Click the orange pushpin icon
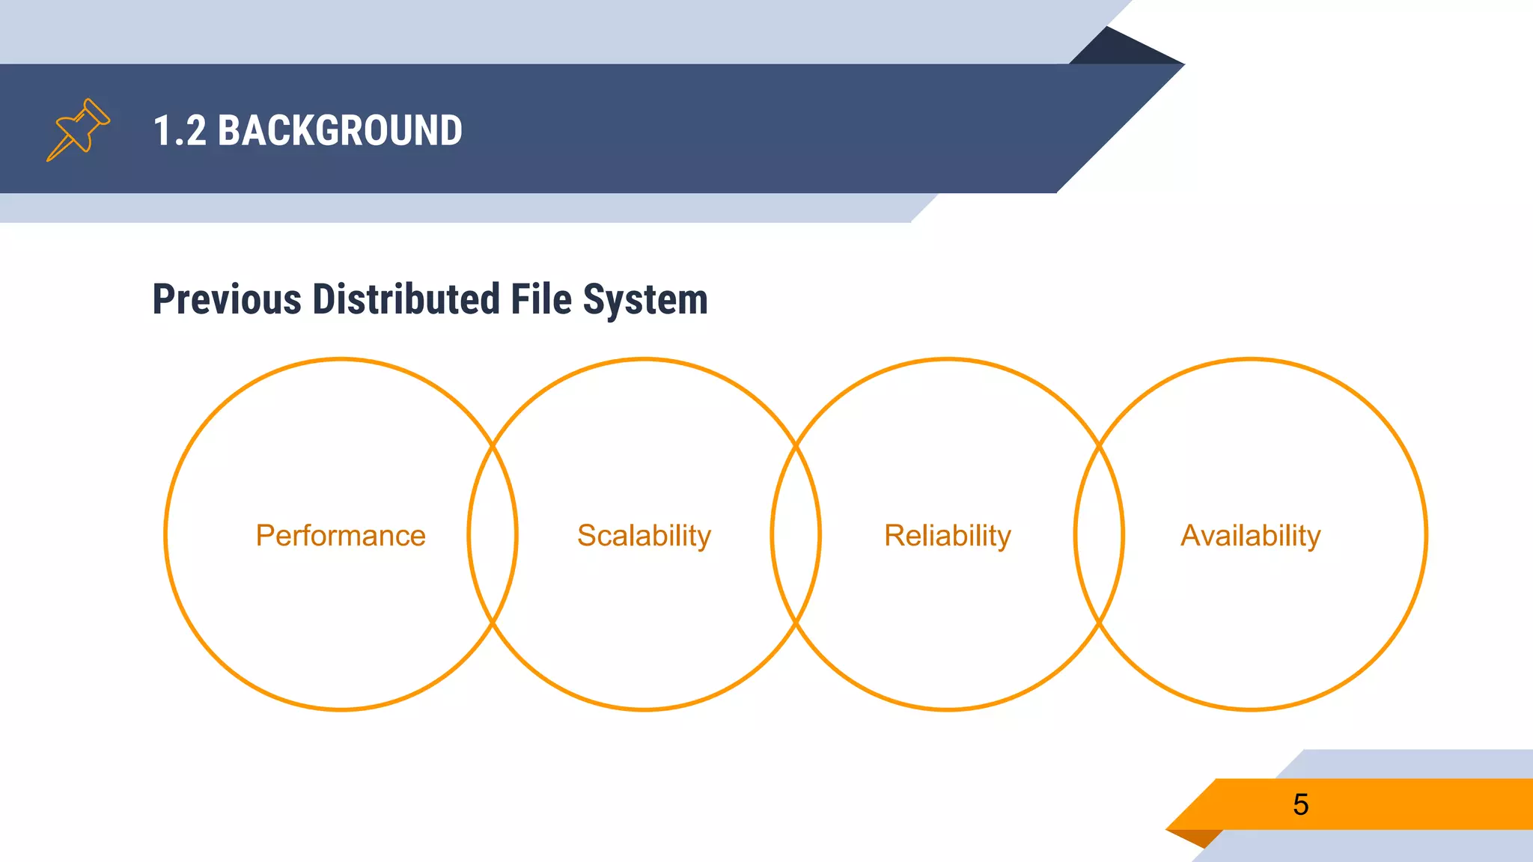(79, 129)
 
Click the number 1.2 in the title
(180, 130)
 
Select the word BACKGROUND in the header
(340, 130)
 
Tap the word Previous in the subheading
(227, 299)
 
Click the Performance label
(341, 536)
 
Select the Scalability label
(644, 536)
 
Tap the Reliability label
(948, 536)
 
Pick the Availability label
(1250, 536)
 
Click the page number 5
(1301, 804)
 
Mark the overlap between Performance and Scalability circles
(493, 534)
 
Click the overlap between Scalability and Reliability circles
(796, 534)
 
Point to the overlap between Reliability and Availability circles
(1099, 534)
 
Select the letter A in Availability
(1191, 536)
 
